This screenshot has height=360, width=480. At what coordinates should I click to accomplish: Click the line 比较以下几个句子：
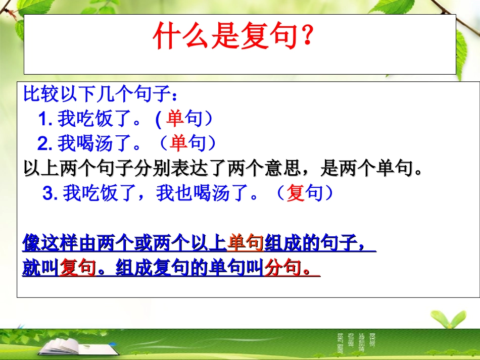tap(101, 94)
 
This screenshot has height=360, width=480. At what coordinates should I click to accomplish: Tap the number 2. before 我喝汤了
tap(45, 144)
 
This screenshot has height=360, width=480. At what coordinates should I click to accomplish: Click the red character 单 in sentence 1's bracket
tap(175, 119)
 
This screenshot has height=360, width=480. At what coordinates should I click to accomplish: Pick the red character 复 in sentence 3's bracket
tap(295, 193)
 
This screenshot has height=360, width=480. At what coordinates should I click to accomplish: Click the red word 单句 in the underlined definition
tap(246, 243)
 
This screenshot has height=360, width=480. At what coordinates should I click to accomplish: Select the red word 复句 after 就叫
tap(77, 268)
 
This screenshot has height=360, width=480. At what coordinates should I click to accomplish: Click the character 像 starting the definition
tap(32, 243)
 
